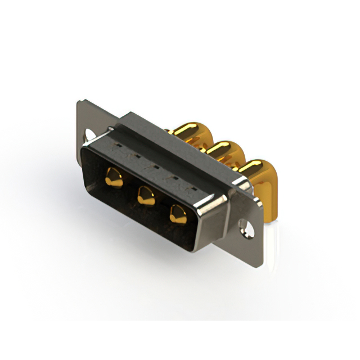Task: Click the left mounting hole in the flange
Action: click(89, 135)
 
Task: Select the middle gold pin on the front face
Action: click(145, 196)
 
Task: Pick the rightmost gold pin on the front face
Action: click(177, 214)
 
